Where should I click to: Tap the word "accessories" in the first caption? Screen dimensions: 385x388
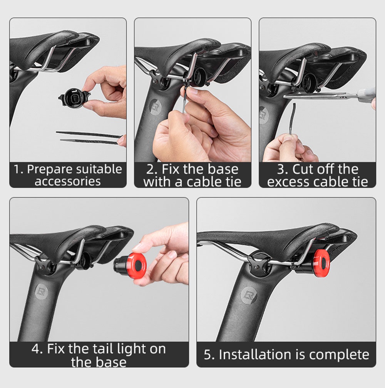pos(67,181)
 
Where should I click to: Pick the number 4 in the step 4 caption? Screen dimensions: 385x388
pos(35,349)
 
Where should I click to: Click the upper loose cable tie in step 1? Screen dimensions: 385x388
pos(89,134)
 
